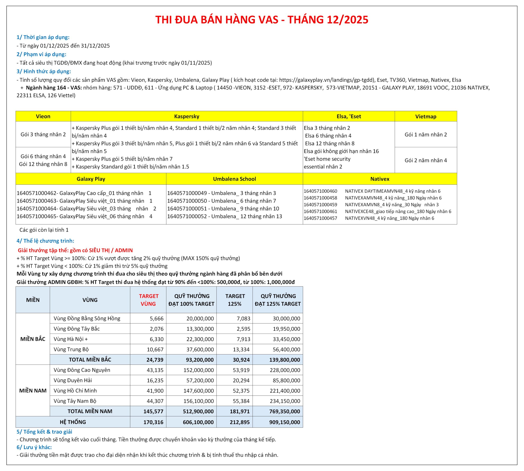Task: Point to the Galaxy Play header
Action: coord(91,179)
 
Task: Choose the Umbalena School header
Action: coord(234,179)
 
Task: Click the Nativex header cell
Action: coord(379,179)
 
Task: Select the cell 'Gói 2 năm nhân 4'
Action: coord(426,160)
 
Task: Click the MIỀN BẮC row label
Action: coord(33,339)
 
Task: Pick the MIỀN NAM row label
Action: coord(33,391)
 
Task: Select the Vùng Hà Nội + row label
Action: coord(71,339)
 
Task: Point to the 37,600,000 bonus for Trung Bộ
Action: coord(200,349)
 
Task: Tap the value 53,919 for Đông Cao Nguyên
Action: coord(241,370)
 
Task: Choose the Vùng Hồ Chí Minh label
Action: coord(75,391)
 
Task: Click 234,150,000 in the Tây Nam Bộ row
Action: coord(285,401)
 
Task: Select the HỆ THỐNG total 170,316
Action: coord(153,422)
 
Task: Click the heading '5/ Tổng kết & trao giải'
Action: coord(44,432)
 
